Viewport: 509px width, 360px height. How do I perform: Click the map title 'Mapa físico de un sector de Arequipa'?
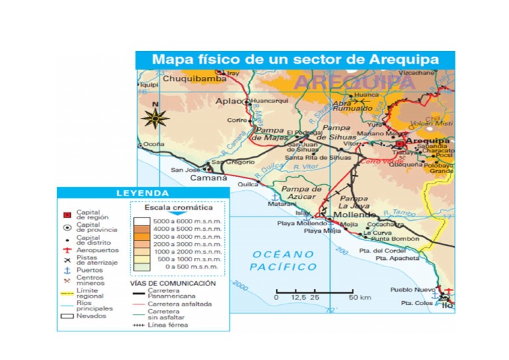click(295, 60)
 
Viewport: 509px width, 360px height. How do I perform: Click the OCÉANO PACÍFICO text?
click(284, 261)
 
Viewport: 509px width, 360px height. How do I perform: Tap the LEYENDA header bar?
click(142, 194)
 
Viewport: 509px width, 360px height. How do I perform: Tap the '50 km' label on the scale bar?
click(360, 297)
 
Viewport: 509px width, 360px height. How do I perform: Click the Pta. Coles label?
click(416, 303)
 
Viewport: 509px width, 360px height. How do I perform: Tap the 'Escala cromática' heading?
click(177, 208)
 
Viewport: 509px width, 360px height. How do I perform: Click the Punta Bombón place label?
click(395, 239)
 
